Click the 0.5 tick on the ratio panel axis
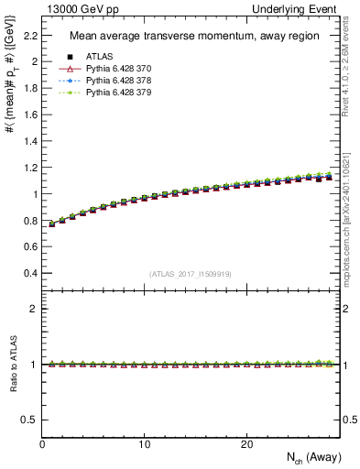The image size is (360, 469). point(30,420)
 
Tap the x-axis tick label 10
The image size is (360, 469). point(145,444)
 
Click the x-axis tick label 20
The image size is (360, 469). point(246,444)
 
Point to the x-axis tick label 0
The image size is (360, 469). point(42,444)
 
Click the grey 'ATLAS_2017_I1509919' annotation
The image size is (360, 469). point(190,274)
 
